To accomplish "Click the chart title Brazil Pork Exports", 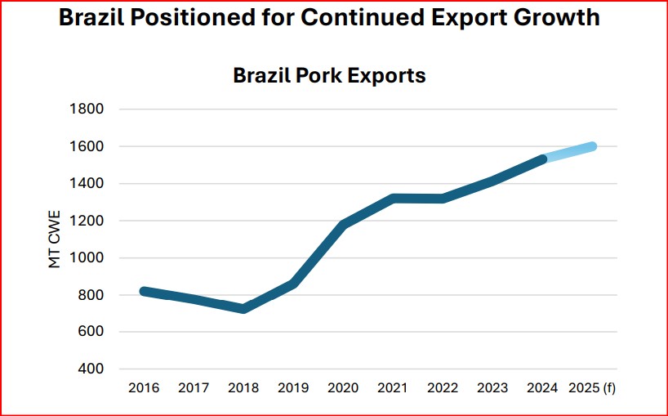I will (x=329, y=76).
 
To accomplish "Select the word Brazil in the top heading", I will (x=92, y=18).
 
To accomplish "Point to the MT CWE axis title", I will (x=55, y=239).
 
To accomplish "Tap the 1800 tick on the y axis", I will (x=87, y=110).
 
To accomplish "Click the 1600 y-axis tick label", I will (x=87, y=146).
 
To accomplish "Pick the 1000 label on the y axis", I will (x=87, y=257).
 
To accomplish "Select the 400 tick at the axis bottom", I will (x=91, y=369).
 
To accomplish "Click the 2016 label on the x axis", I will (x=144, y=388).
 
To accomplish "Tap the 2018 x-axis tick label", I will (x=243, y=388).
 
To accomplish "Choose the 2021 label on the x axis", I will (x=393, y=388).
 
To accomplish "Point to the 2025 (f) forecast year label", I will (x=592, y=388).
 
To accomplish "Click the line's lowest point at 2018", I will (x=243, y=308).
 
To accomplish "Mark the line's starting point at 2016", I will (x=144, y=291).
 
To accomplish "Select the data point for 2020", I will (x=343, y=224).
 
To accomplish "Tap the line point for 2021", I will (x=393, y=199).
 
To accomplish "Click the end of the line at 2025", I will (x=591, y=146).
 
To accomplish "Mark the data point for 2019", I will (x=293, y=284).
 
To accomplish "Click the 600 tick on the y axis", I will (x=91, y=332).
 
